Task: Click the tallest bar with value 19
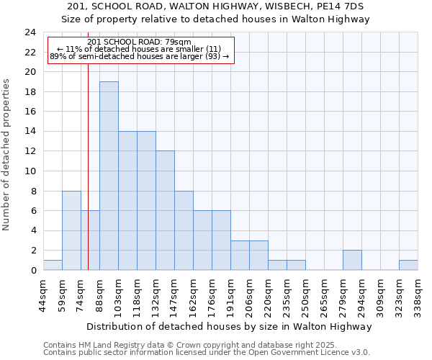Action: [x=109, y=176]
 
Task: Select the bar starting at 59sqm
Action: [x=71, y=230]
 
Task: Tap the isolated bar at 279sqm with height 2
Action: [x=352, y=260]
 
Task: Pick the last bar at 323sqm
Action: [x=408, y=265]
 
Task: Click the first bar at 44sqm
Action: [x=53, y=265]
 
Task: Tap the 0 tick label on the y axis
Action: [x=32, y=271]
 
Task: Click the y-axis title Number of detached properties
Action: [x=7, y=155]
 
